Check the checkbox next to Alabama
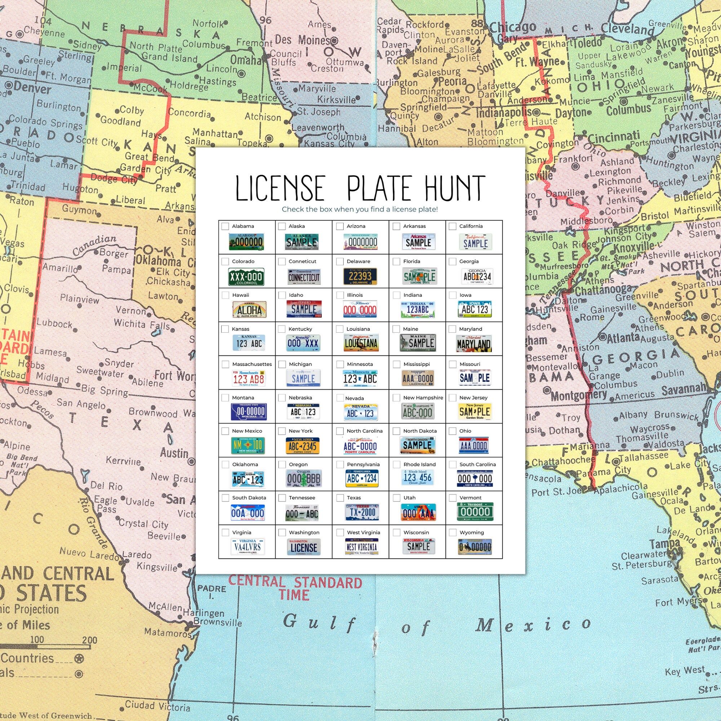225,226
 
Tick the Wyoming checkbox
453,532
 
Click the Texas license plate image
362,512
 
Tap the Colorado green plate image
246,277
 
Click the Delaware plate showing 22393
360,277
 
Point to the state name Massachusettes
252,364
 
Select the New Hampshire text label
423,398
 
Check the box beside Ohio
453,431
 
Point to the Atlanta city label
623,338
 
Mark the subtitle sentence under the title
360,209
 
